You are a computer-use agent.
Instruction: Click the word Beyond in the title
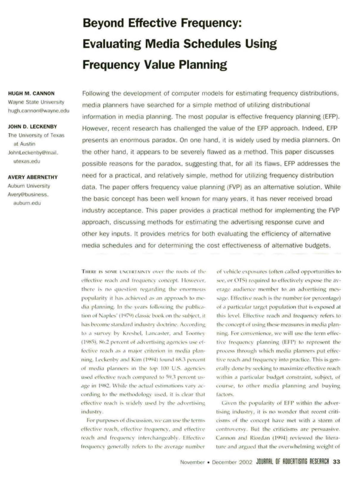106,24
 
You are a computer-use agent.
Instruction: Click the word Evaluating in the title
118,44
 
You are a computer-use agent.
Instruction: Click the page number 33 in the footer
337,462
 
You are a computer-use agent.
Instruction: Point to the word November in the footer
197,462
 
